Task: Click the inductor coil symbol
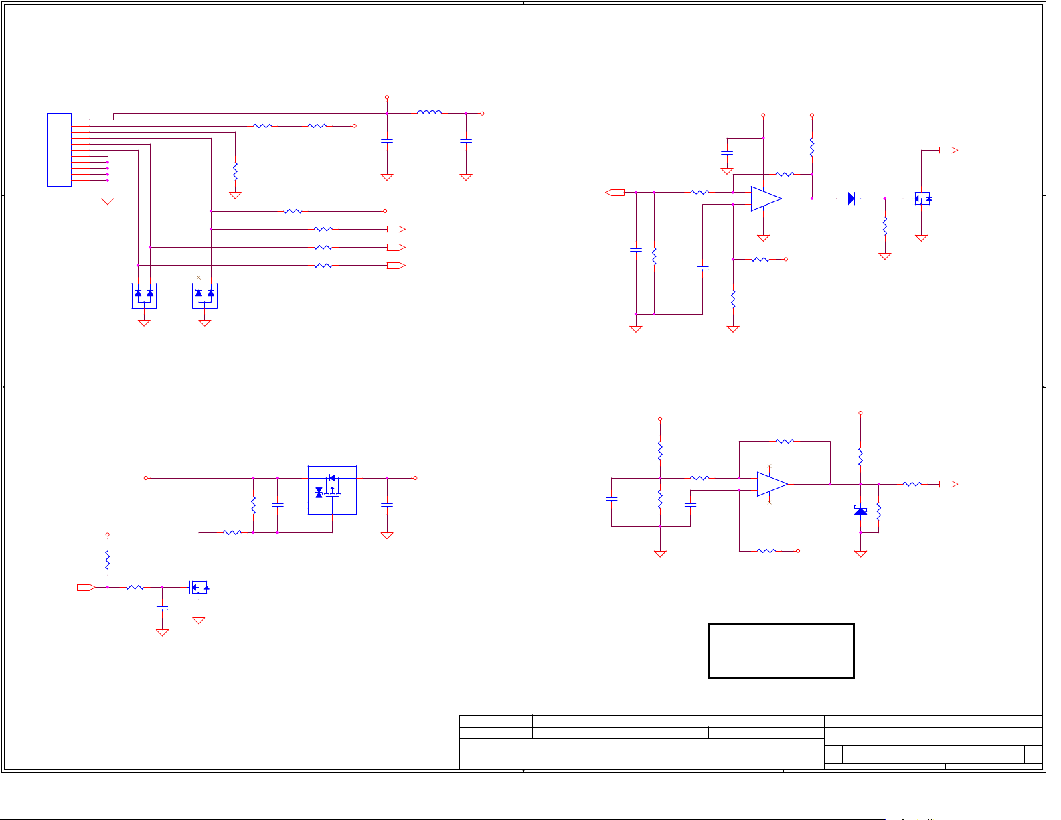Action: pos(429,112)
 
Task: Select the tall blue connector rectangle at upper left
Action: pos(59,150)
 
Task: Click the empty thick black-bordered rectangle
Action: pos(781,651)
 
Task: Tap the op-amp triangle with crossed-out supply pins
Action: pos(772,484)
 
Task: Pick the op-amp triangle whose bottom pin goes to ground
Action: pos(766,199)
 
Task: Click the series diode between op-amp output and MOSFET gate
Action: pos(851,199)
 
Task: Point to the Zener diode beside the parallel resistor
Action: pos(860,511)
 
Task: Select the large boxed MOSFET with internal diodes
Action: pos(332,490)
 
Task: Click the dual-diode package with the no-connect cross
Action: pos(205,295)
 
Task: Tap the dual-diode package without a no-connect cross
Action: pos(144,295)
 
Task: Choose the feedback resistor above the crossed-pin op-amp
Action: pos(785,441)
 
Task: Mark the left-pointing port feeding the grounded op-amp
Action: pos(615,193)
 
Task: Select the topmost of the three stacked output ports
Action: pos(396,229)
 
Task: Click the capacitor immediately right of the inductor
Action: pos(466,141)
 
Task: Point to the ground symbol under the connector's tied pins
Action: pos(107,201)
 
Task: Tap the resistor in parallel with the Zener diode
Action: pos(878,511)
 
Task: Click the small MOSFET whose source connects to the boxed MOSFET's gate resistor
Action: pos(199,587)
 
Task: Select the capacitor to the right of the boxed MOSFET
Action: pos(386,505)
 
